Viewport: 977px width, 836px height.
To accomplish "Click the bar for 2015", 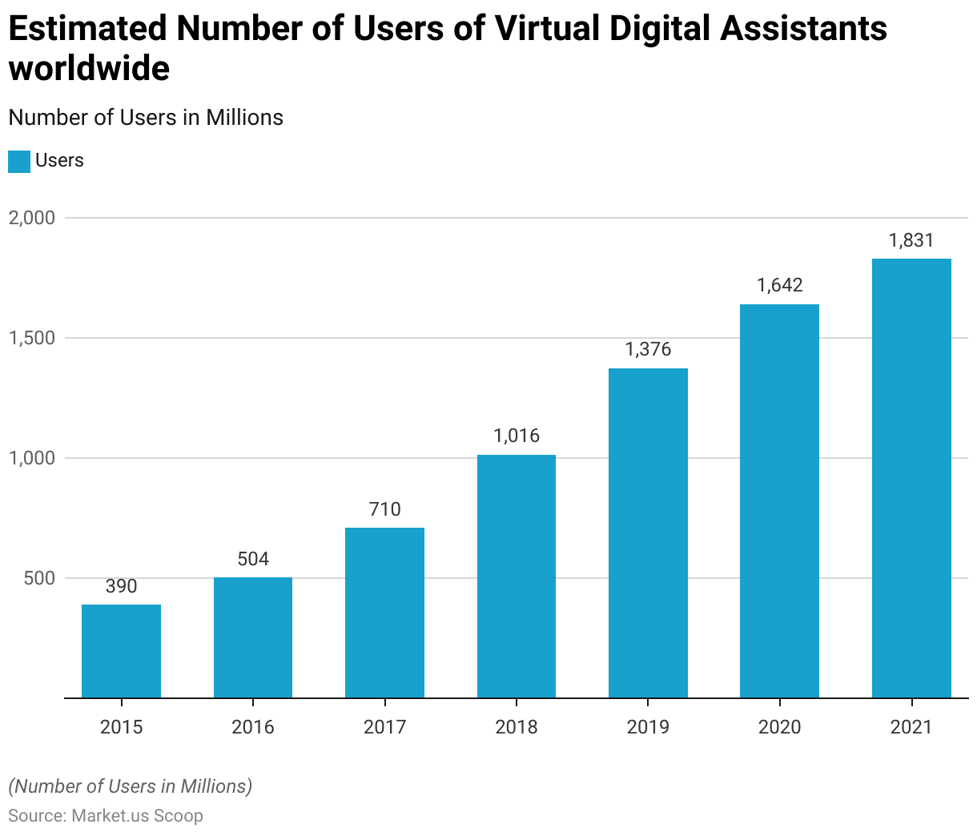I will pyautogui.click(x=121, y=651).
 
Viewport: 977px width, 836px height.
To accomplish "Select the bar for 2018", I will pyautogui.click(x=517, y=577).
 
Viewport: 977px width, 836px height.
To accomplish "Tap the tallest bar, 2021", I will pyautogui.click(x=911, y=478).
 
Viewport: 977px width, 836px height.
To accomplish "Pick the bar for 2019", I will pyautogui.click(x=648, y=533).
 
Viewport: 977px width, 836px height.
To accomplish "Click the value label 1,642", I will pyautogui.click(x=779, y=286).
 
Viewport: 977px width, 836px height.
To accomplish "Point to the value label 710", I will pyautogui.click(x=384, y=510).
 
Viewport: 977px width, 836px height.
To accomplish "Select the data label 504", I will pyautogui.click(x=253, y=559).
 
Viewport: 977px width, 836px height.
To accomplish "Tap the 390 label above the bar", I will pyautogui.click(x=121, y=587).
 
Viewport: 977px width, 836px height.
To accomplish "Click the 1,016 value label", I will pyautogui.click(x=517, y=436).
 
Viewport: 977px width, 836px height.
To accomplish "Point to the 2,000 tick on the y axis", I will pyautogui.click(x=32, y=218).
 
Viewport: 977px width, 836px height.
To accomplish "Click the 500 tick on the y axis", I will pyautogui.click(x=39, y=578).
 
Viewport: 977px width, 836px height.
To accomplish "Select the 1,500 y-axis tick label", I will pyautogui.click(x=32, y=338).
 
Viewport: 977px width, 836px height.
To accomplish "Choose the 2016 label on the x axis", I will pyautogui.click(x=253, y=727).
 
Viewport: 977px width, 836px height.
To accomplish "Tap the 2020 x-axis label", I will pyautogui.click(x=779, y=727).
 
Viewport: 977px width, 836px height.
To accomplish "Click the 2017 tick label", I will pyautogui.click(x=384, y=727).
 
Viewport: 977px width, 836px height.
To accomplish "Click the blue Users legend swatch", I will pyautogui.click(x=19, y=162).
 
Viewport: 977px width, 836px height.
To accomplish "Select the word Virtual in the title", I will pyautogui.click(x=548, y=29).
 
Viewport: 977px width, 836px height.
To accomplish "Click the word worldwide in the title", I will pyautogui.click(x=89, y=69).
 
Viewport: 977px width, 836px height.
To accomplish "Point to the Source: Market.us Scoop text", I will pyautogui.click(x=106, y=816).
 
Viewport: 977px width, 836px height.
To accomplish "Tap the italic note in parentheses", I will pyautogui.click(x=131, y=786).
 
